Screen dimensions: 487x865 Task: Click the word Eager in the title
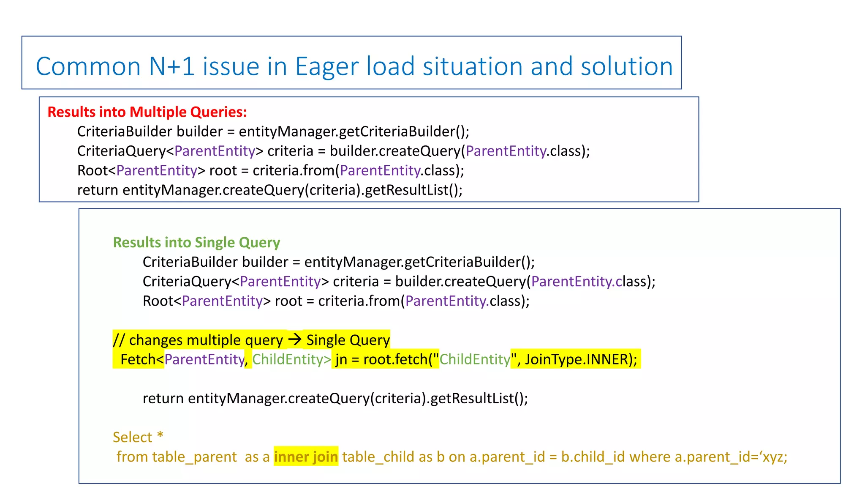tap(326, 67)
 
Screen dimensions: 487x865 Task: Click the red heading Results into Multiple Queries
tap(147, 112)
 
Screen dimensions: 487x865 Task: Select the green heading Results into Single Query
tap(196, 243)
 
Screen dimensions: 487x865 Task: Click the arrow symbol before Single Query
tap(294, 339)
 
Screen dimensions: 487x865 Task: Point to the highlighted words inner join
tap(306, 457)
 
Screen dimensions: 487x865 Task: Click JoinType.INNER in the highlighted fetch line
tap(577, 359)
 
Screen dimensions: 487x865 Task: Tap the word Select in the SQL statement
tap(132, 437)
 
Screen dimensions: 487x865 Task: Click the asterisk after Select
tap(160, 435)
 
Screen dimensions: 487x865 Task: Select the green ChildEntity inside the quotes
tap(475, 359)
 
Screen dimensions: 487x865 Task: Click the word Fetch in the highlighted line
tap(138, 359)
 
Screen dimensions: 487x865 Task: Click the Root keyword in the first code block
tap(92, 171)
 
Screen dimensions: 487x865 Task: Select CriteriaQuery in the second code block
tap(187, 282)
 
